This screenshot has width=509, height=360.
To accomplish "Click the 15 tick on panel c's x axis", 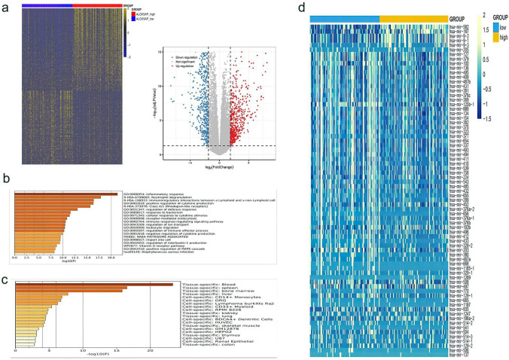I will click(x=116, y=352).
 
